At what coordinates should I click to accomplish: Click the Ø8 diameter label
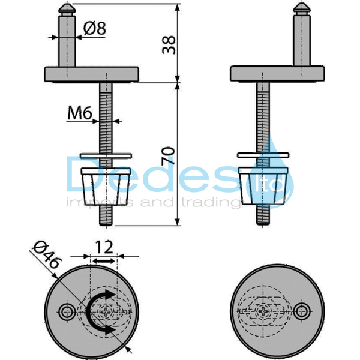coord(95,29)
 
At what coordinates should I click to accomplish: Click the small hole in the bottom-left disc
coord(67,311)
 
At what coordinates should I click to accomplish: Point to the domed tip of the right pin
coord(302,9)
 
